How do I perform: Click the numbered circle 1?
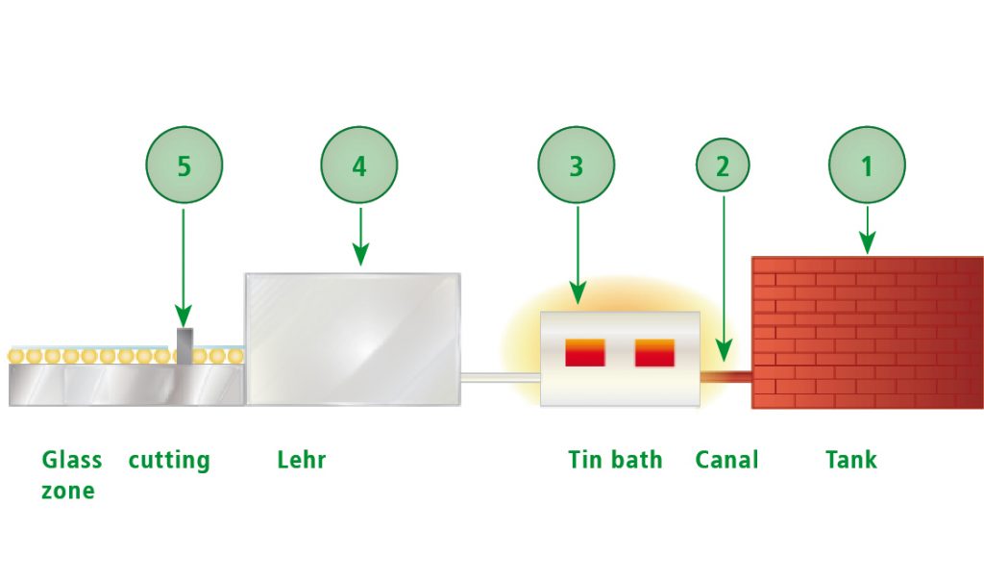(x=867, y=165)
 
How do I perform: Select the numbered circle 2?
(x=722, y=165)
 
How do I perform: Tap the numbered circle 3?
(x=577, y=165)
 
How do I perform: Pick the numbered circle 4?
(x=359, y=165)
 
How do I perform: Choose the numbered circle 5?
(x=184, y=165)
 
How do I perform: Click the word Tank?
(x=851, y=460)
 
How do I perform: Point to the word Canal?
(x=726, y=460)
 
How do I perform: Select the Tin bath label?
(x=615, y=460)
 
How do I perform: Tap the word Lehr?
(x=302, y=460)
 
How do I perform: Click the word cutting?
(x=169, y=460)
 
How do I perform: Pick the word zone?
(x=68, y=491)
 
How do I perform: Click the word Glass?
(x=72, y=460)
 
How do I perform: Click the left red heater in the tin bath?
(x=584, y=353)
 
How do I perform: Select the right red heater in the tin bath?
(x=655, y=353)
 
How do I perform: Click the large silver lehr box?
(x=352, y=339)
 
